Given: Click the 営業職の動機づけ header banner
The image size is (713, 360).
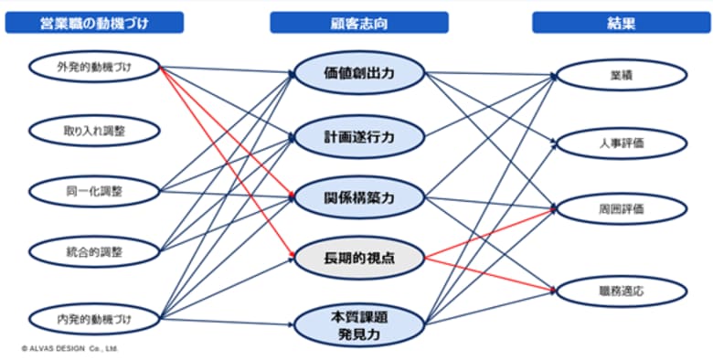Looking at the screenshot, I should [x=94, y=23].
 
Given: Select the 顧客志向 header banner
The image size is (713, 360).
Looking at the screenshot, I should [x=358, y=23].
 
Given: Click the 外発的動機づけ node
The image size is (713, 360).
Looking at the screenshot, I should [x=94, y=68].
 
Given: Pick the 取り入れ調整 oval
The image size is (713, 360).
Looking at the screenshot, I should [x=94, y=130].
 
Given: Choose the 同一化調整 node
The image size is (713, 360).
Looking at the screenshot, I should [x=94, y=191].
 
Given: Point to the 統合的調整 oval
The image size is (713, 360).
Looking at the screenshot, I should [x=94, y=250].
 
